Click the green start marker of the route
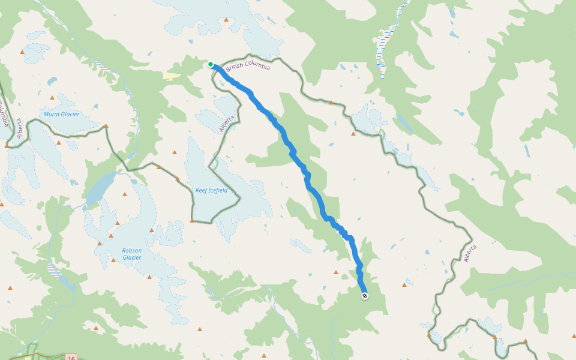pos(211,64)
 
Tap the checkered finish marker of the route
pos(364,295)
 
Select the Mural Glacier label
pos(61,114)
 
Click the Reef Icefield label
pos(211,190)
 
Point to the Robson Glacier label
pos(132,254)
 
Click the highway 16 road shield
pos(71,358)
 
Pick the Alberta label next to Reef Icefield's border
pos(226,123)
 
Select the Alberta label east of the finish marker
pos(470,253)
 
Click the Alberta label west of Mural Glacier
pos(19,128)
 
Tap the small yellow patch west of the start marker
pos(171,76)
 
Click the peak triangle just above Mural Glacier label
pos(52,97)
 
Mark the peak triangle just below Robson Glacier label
pos(113,260)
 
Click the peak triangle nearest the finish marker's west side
pos(336,272)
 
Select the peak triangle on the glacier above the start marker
pos(226,20)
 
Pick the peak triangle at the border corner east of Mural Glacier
pos(106,126)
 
